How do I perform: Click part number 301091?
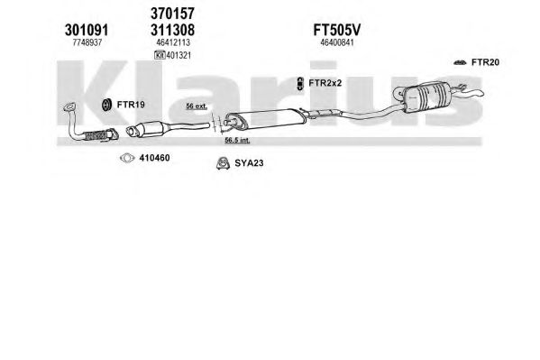87,30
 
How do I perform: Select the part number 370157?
172,14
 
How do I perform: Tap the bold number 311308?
172,30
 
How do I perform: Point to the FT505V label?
336,30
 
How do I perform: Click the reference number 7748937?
87,42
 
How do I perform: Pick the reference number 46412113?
173,42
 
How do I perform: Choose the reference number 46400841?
337,42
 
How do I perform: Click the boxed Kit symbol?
160,55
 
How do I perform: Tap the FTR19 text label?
131,105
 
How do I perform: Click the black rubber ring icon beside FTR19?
106,105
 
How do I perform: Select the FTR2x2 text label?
325,83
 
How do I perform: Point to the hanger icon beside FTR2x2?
300,84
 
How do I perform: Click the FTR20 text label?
485,62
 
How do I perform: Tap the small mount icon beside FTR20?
460,62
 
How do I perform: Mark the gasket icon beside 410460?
127,158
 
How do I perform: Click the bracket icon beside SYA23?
224,163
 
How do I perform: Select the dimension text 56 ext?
197,106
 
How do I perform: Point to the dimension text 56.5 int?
238,141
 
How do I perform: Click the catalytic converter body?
148,129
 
